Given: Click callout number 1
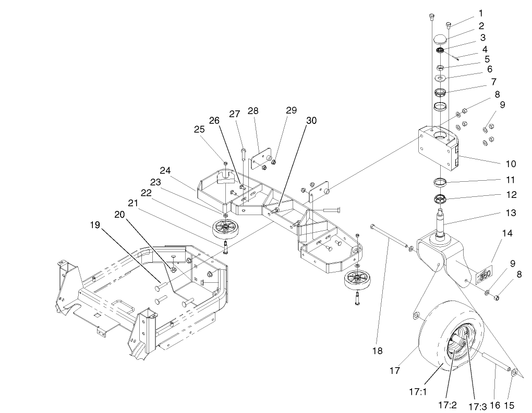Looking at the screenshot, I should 480,13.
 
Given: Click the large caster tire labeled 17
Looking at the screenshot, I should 433,333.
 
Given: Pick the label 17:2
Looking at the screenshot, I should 447,403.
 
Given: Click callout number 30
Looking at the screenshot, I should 311,120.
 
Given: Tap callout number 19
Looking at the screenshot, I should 94,226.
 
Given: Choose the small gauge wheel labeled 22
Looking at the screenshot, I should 225,229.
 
